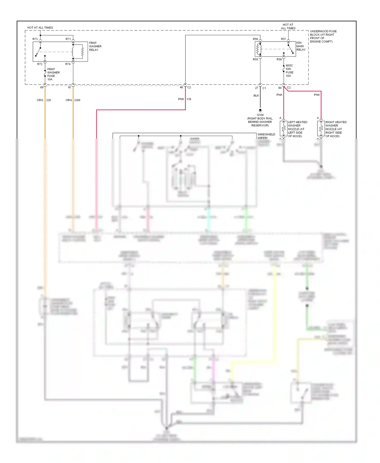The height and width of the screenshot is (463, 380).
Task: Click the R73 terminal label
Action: click(x=35, y=39)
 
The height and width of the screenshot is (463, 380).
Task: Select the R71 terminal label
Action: click(x=68, y=39)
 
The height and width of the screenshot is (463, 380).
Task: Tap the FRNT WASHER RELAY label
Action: click(x=95, y=46)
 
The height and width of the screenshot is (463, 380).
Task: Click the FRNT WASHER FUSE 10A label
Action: click(x=53, y=74)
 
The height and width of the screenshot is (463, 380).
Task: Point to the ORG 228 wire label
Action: click(x=44, y=100)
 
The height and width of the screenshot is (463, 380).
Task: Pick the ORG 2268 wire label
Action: click(x=73, y=100)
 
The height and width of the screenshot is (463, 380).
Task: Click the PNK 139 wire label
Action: click(x=184, y=99)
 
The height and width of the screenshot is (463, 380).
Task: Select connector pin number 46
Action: click(x=181, y=87)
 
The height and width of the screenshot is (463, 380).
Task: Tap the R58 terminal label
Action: click(x=255, y=39)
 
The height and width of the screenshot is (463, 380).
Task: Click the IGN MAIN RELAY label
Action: click(x=301, y=46)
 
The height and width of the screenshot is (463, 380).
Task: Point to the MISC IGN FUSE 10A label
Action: click(x=289, y=71)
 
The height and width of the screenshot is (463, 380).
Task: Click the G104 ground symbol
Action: click(x=260, y=110)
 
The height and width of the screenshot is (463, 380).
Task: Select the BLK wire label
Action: click(x=256, y=95)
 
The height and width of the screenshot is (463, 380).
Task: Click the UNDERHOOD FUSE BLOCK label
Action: click(x=323, y=36)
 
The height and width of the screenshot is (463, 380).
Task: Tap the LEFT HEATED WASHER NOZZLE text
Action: click(x=297, y=129)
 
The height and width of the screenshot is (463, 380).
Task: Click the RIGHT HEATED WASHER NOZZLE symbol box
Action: click(x=321, y=128)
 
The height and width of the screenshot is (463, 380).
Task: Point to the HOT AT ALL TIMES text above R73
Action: click(x=40, y=28)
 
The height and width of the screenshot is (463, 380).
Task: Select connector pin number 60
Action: click(x=280, y=88)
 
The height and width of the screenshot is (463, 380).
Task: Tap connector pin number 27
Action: click(x=256, y=88)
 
